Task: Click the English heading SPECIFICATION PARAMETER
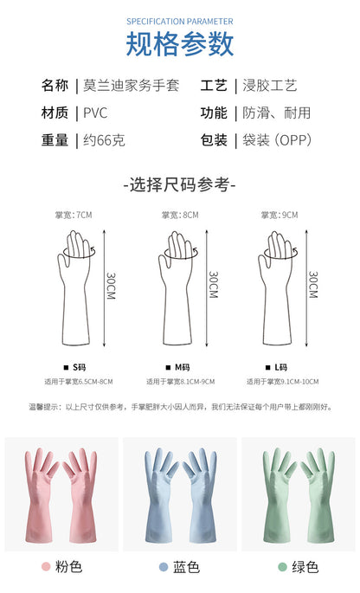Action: click(180, 22)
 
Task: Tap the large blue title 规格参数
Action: click(180, 44)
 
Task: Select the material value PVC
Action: click(95, 113)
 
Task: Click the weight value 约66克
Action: click(104, 140)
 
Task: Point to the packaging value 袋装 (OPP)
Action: click(277, 140)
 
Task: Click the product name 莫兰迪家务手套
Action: click(131, 86)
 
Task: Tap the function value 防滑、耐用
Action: click(276, 113)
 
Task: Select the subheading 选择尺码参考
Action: click(180, 185)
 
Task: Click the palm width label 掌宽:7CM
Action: click(74, 216)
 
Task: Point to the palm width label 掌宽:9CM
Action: click(280, 216)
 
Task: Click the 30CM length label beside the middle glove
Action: click(214, 285)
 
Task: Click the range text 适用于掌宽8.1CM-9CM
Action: click(181, 382)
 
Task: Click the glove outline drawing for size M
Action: click(177, 288)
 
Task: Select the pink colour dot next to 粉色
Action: click(46, 566)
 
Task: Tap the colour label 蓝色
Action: click(186, 566)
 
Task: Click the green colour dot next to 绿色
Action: click(282, 566)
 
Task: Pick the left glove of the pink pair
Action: click(41, 496)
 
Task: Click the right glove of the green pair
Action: click(318, 496)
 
